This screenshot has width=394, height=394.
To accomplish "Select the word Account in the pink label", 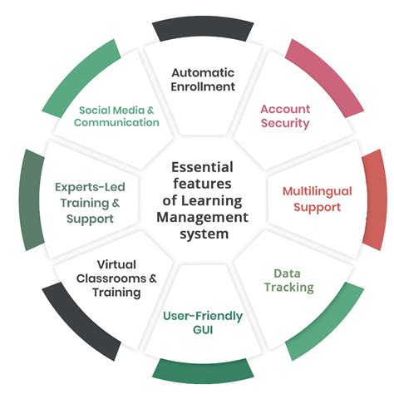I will click(x=285, y=108).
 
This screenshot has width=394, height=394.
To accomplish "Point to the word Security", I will click(x=285, y=123).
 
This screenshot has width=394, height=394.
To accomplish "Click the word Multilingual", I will click(x=317, y=190).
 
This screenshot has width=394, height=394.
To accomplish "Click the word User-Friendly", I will click(x=203, y=316).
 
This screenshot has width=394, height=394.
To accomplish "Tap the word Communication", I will click(x=116, y=122).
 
